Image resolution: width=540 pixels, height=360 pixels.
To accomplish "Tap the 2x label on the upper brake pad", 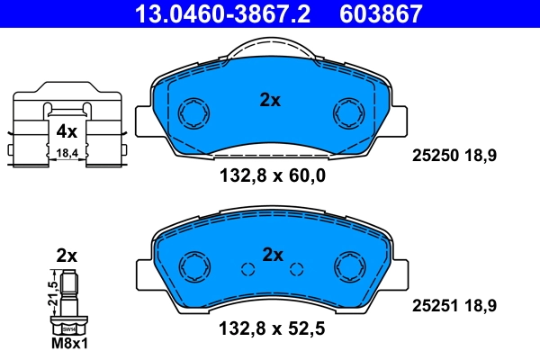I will (x=270, y=100).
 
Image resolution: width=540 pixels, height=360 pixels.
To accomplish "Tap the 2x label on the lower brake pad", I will (x=273, y=255).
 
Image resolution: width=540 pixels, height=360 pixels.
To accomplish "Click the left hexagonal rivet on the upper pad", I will (x=193, y=113).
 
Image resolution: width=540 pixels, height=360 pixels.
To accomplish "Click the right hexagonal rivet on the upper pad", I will (x=347, y=113).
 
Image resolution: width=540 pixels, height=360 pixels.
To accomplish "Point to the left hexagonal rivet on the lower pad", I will (x=193, y=267).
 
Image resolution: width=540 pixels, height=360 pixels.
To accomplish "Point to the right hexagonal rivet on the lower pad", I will (x=347, y=267).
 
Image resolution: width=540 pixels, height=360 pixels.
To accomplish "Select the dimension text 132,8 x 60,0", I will (x=271, y=175).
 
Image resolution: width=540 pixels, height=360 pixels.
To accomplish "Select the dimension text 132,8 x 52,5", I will (x=271, y=329).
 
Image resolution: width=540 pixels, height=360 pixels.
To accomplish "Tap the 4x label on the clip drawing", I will (x=67, y=131).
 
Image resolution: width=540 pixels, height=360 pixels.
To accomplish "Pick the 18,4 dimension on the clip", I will (x=67, y=154).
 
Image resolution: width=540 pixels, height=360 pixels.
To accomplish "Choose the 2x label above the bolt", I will (x=67, y=255).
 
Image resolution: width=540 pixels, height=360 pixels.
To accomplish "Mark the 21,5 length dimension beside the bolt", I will (x=52, y=293).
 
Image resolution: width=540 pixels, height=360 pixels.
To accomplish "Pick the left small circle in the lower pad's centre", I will (x=247, y=267).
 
